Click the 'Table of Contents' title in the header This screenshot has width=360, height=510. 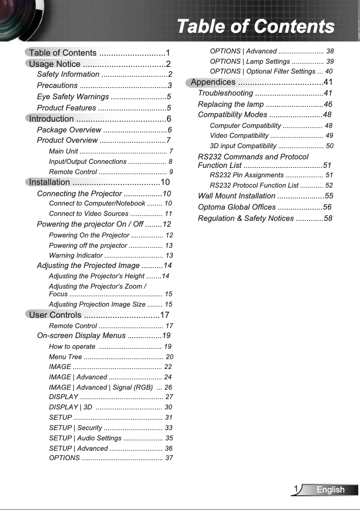(255, 26)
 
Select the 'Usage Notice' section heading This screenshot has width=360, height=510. (55, 64)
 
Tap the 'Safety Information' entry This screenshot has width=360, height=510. (68, 75)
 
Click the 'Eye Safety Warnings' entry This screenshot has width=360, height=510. (73, 97)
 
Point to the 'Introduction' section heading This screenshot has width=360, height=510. (52, 119)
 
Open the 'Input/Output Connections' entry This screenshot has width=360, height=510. (88, 162)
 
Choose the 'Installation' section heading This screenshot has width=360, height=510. (50, 182)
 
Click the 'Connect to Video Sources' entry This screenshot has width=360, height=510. (88, 214)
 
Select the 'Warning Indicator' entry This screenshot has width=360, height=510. (76, 255)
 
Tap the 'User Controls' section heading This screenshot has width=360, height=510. (55, 315)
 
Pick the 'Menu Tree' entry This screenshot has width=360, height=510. (66, 357)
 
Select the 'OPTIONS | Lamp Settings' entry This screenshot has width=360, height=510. (250, 61)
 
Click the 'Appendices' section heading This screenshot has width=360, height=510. (213, 82)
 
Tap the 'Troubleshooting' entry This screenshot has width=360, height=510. (225, 93)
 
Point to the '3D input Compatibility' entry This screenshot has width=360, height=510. (243, 146)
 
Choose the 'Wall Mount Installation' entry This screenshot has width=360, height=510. (237, 196)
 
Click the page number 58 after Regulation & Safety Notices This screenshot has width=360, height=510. (328, 218)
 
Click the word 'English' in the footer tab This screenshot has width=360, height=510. (330, 490)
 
